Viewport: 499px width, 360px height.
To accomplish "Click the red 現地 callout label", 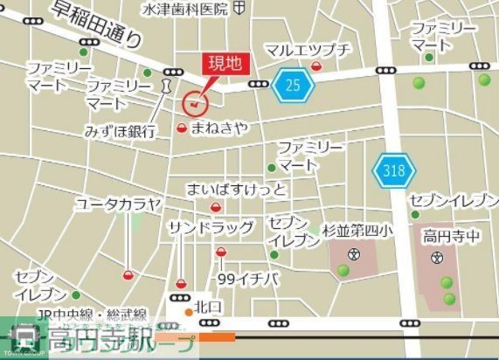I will point(225,64).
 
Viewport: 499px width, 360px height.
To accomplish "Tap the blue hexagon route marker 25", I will point(293,85).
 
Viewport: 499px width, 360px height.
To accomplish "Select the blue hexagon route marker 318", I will point(392,170).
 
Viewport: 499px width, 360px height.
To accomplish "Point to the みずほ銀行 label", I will point(120,131).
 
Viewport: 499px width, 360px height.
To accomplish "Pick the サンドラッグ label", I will point(211,227).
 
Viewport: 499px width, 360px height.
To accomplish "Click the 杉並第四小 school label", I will point(357,231).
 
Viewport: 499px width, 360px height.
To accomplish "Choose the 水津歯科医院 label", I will point(186,9).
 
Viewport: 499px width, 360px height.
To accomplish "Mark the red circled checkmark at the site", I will point(194,105).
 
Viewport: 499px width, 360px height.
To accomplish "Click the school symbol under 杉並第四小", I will point(354,255).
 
